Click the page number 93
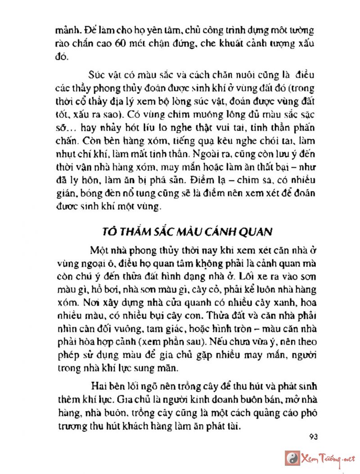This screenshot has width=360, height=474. [314, 437]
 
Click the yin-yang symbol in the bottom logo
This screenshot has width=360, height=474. [293, 458]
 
